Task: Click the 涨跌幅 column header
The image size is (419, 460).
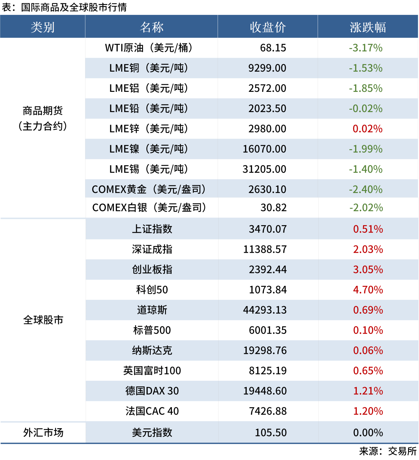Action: coord(368,27)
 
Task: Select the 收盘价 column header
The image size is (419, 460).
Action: coord(268,27)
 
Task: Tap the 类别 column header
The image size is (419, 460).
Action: coord(42,27)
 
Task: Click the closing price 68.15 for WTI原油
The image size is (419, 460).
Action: coord(273,48)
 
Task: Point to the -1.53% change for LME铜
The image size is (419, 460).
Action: coord(366,68)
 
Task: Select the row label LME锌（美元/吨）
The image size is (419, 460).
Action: coord(149,129)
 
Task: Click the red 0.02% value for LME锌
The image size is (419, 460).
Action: coord(367,129)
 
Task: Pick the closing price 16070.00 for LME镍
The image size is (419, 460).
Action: coord(264,149)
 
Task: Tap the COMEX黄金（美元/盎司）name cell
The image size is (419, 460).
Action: coord(149,189)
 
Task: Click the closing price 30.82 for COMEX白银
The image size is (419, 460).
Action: coord(274,208)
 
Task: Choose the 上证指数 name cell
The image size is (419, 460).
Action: coord(152,229)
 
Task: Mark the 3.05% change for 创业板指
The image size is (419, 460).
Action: coord(368,270)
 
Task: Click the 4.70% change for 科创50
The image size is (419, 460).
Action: coord(368,290)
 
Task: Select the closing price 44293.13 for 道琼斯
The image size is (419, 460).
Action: coord(265,310)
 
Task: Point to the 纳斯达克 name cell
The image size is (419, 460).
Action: coord(152,351)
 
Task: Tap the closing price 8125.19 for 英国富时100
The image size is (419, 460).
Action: coord(268,371)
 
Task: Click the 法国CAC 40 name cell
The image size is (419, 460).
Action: coord(152,411)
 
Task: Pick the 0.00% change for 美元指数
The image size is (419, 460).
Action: coord(368,432)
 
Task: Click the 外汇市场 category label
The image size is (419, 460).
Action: coord(43,432)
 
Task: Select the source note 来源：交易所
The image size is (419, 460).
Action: coord(388,451)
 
